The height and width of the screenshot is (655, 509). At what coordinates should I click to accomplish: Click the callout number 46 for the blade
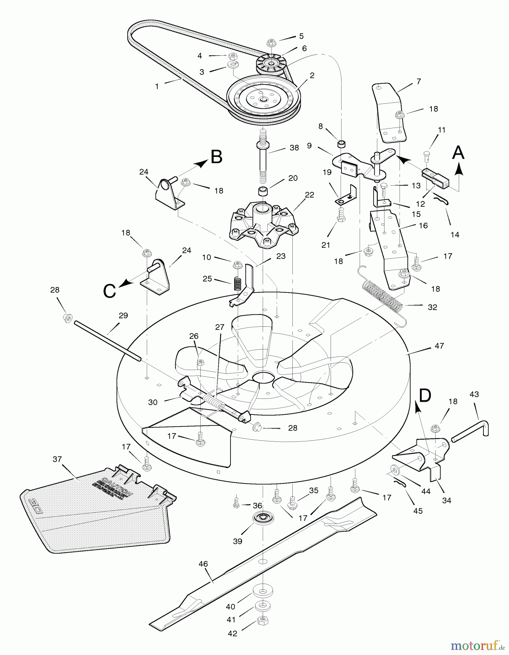tap(203, 564)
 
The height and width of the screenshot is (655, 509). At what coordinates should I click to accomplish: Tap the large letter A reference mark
tap(458, 152)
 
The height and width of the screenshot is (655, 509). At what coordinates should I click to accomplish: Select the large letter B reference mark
tap(216, 157)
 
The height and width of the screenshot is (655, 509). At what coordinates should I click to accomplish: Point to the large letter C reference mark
tap(110, 291)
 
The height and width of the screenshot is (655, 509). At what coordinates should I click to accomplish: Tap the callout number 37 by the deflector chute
tap(57, 459)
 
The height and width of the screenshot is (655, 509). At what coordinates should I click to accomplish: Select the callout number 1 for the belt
tap(157, 87)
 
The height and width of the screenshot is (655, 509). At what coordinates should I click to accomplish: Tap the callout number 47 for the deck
tap(439, 346)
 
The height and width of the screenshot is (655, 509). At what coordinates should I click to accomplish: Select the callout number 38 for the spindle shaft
tap(294, 148)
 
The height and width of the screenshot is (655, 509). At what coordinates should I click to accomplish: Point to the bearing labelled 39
tap(262, 518)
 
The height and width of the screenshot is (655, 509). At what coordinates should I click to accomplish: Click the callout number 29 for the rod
tap(123, 315)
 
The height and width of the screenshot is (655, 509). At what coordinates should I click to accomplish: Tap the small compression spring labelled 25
tap(237, 283)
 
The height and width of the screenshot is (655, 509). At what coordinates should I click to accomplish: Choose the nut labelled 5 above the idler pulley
tap(272, 42)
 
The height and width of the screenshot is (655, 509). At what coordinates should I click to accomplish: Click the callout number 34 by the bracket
tap(447, 500)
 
